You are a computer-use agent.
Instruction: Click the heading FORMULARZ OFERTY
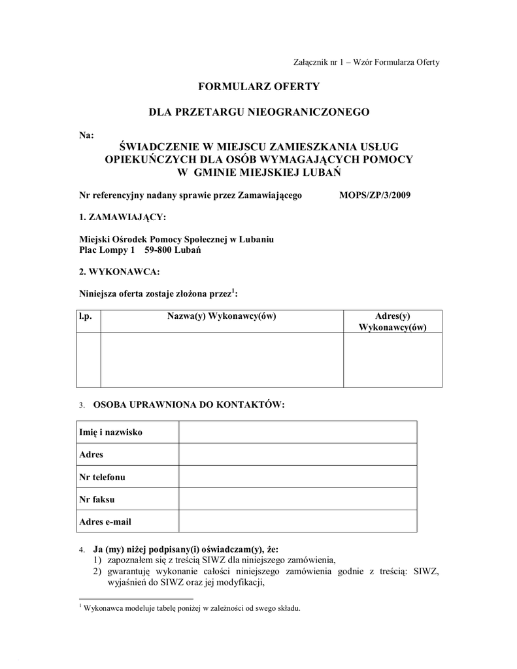coord(259,86)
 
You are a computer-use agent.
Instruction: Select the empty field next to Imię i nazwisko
coord(297,432)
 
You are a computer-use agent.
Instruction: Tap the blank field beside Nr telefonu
coord(297,477)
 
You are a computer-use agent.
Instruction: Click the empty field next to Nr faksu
coord(297,499)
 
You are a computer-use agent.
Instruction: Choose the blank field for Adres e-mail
coord(297,521)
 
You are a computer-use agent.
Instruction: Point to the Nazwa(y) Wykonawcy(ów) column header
coord(222,316)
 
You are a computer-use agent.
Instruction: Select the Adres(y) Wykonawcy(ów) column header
coord(392,321)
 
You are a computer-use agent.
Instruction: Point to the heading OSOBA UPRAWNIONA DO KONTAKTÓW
coord(190,405)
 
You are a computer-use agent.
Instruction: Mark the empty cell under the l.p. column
coord(88,359)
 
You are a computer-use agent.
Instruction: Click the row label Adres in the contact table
coord(91,455)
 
